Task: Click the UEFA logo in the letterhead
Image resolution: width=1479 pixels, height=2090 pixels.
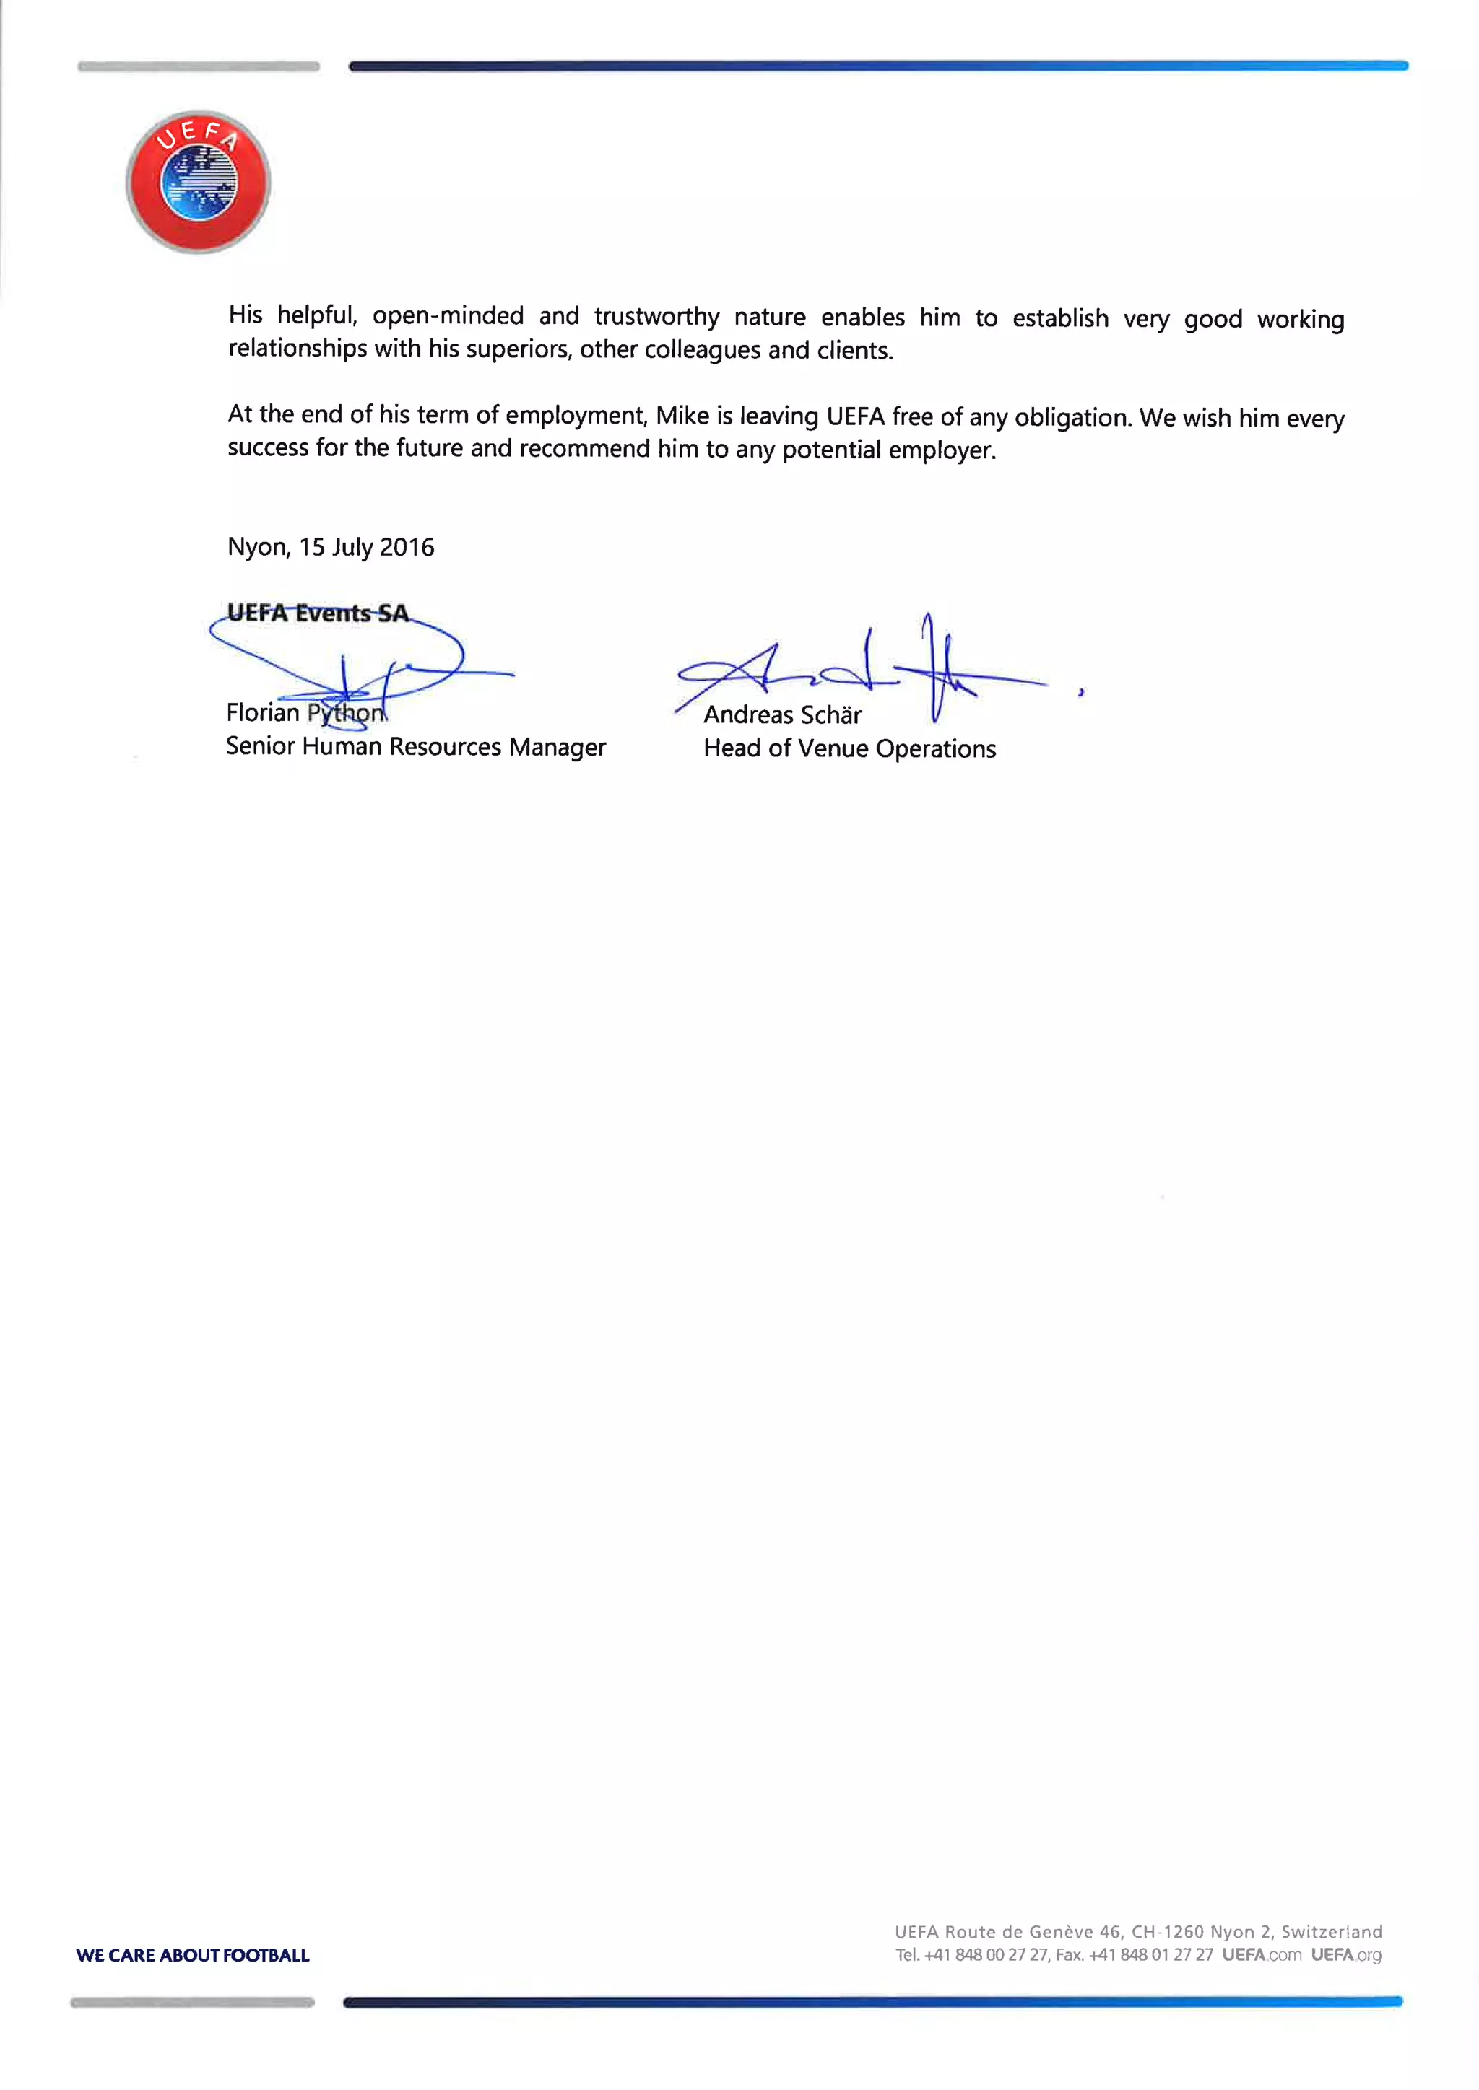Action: coord(198,182)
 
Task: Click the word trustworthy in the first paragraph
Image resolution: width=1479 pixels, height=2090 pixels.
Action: coord(656,317)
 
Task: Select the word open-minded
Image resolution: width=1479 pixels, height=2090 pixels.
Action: coord(447,316)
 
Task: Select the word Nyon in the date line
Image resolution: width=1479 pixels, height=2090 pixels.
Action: coord(258,547)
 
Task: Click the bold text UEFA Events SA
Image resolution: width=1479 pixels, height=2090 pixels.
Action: coord(317,613)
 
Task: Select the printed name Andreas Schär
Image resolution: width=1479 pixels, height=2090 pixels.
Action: coord(782,714)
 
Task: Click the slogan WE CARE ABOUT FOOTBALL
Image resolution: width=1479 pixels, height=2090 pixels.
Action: coord(193,1955)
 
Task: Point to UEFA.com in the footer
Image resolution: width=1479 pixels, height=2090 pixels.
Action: coord(1262,1954)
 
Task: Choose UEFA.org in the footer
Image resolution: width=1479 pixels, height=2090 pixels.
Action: coord(1346,1954)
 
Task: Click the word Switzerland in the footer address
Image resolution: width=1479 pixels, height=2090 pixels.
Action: coord(1332,1932)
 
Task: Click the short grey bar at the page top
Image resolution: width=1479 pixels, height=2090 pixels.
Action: coord(199,66)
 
